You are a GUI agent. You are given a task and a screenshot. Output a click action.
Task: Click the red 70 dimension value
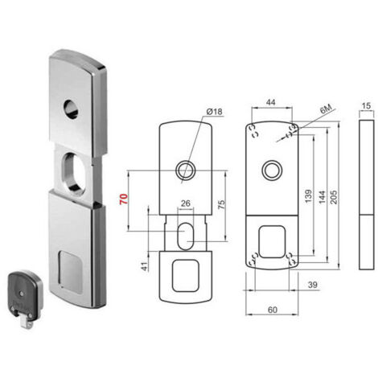click(124, 199)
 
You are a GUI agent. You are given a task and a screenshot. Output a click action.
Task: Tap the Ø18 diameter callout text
click(215, 111)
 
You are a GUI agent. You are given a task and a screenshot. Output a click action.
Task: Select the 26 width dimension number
click(186, 203)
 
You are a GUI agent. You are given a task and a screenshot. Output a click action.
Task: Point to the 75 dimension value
click(221, 204)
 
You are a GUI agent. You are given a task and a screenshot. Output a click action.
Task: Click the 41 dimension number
click(145, 266)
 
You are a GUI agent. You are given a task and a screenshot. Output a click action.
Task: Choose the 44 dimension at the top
click(270, 102)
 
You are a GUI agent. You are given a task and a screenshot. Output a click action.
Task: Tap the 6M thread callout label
click(326, 109)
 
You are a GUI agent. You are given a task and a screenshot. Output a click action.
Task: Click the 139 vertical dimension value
click(308, 196)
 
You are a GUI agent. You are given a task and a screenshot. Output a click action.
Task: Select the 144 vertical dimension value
click(322, 197)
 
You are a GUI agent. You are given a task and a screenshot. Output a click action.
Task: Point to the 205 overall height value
click(334, 197)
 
